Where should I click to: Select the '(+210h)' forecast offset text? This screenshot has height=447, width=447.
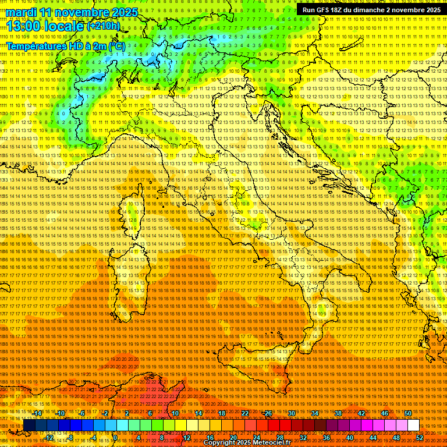[x=104, y=26]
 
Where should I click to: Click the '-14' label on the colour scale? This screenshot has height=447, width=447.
[x=37, y=413]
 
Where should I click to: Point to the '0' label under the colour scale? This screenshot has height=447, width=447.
[x=115, y=438]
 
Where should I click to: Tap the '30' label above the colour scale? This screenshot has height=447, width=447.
[x=292, y=413]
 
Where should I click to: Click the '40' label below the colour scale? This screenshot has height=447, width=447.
[x=350, y=438]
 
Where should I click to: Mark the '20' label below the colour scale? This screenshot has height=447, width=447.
[x=233, y=438]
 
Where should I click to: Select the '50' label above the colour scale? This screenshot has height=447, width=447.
[x=408, y=413]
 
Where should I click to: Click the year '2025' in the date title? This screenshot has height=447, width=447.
[x=124, y=12]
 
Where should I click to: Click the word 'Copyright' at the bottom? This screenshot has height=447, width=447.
[x=221, y=443]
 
